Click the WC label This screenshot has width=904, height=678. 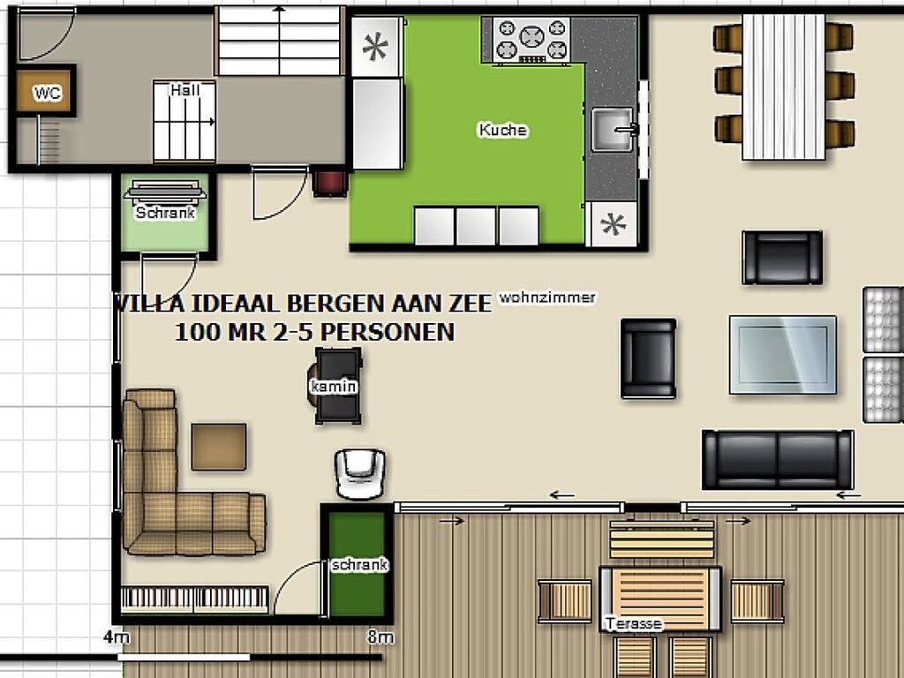48,92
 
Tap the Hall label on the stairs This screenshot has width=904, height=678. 185,90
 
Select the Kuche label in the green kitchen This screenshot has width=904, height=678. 502,130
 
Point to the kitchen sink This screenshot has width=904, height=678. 614,129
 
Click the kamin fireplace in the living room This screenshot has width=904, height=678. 335,385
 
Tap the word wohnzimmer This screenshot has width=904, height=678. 547,298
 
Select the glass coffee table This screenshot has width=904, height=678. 782,355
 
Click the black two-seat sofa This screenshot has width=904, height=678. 778,459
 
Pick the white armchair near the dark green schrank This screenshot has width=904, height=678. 360,473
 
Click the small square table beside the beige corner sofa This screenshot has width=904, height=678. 219,447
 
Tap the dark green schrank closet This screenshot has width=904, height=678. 357,564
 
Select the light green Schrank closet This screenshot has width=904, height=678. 165,212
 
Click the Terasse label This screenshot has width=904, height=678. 633,623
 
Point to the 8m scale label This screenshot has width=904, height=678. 380,637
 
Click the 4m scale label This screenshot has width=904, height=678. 117,637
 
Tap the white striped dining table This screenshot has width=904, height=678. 784,87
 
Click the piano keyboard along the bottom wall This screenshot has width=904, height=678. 195,599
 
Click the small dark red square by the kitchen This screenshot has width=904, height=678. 330,183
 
